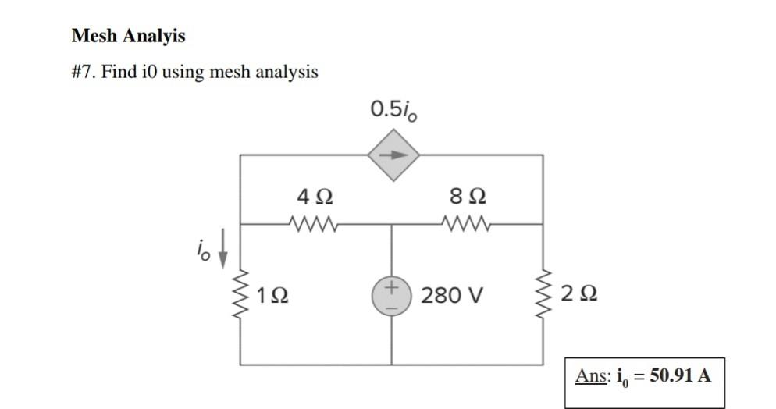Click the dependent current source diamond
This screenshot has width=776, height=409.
tap(393, 155)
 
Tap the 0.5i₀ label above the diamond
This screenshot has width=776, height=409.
tap(393, 110)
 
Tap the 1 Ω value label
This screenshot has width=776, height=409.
tap(272, 295)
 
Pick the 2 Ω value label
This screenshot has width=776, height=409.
tap(578, 295)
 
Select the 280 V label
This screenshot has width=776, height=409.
tap(452, 296)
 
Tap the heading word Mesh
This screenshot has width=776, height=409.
tap(94, 36)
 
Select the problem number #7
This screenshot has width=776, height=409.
tap(83, 73)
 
